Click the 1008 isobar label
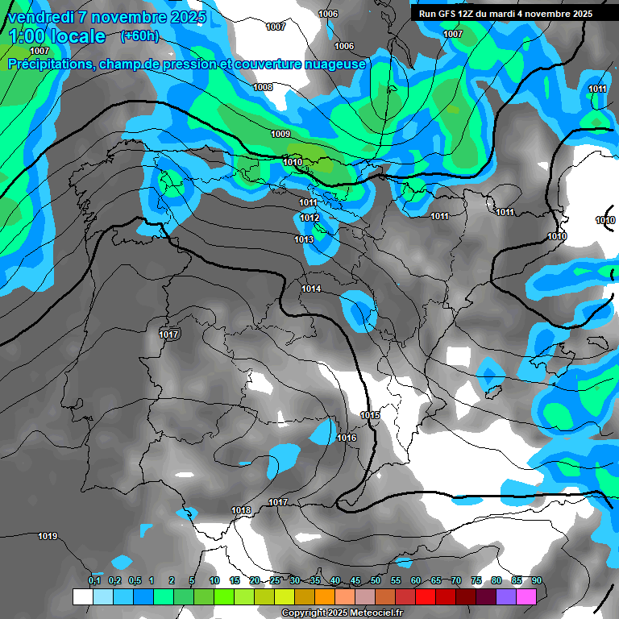coord(263,87)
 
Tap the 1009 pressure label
coord(280,134)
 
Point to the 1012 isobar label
coord(309,218)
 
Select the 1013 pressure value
coord(304,239)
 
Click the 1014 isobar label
coord(311,289)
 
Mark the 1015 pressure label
coord(370,415)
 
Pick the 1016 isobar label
coord(347,438)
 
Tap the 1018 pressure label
coord(241,510)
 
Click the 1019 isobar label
coord(48,536)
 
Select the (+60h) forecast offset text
coord(139,36)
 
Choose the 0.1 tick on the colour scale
coord(94,581)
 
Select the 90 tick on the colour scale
coord(537,581)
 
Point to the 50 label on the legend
coord(376,581)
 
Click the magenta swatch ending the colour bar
coord(526,596)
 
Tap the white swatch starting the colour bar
coord(82,596)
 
